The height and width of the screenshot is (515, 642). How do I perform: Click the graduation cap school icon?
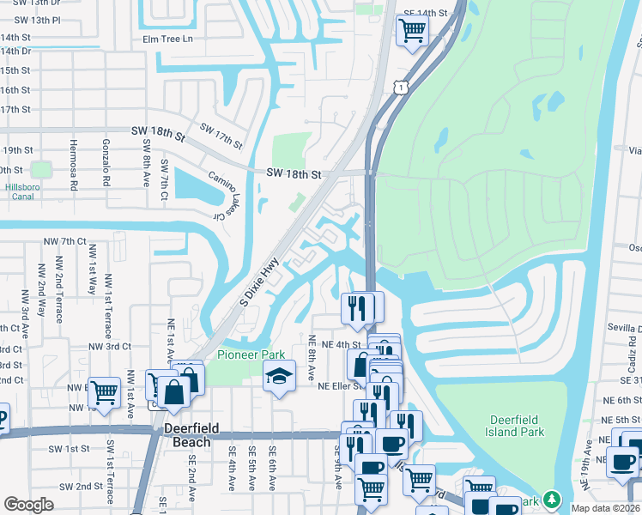click(279, 375)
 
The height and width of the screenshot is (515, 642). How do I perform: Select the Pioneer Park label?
click(251, 354)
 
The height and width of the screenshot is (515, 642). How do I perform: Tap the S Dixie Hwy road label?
click(259, 285)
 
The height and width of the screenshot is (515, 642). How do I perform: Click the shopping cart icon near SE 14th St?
click(412, 31)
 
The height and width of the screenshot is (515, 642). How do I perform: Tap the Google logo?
click(28, 504)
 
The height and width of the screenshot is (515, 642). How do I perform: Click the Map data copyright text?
click(606, 508)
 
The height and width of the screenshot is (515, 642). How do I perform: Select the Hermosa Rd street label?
click(74, 165)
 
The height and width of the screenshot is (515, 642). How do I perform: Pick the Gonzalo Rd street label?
click(107, 165)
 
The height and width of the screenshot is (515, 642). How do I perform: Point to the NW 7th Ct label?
click(69, 241)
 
